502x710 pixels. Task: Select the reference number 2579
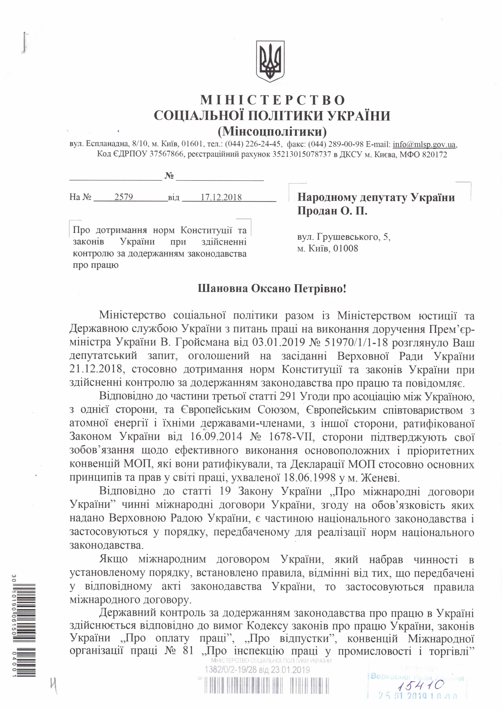point(123,197)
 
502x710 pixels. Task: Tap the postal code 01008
point(346,248)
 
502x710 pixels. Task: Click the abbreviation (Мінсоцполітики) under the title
point(272,131)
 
